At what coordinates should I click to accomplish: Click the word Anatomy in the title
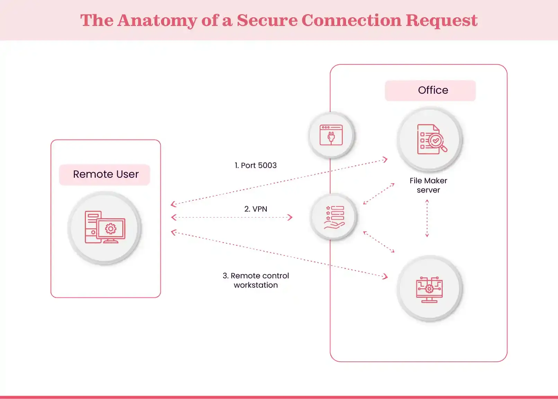click(x=157, y=20)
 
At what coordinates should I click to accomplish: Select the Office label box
click(x=430, y=91)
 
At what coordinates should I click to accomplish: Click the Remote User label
click(x=105, y=174)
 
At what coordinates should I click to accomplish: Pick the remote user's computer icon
click(x=105, y=228)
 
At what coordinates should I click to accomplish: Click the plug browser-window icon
click(x=331, y=135)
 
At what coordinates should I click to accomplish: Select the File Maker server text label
click(x=428, y=185)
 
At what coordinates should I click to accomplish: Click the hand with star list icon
click(x=334, y=217)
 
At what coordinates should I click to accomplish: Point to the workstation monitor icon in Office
click(x=429, y=289)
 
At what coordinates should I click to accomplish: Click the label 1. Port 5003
click(x=256, y=166)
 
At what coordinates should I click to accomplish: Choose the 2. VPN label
click(x=256, y=209)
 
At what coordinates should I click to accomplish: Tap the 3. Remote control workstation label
click(x=256, y=280)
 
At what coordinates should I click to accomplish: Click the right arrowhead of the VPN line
click(x=290, y=217)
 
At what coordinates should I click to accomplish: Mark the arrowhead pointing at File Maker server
click(x=385, y=159)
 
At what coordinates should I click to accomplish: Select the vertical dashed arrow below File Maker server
click(x=427, y=219)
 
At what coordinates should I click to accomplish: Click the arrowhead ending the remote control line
click(x=385, y=276)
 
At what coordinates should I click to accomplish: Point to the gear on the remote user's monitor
click(x=111, y=229)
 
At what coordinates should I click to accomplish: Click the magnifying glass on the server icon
click(x=438, y=142)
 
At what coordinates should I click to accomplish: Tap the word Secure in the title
click(x=267, y=20)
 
